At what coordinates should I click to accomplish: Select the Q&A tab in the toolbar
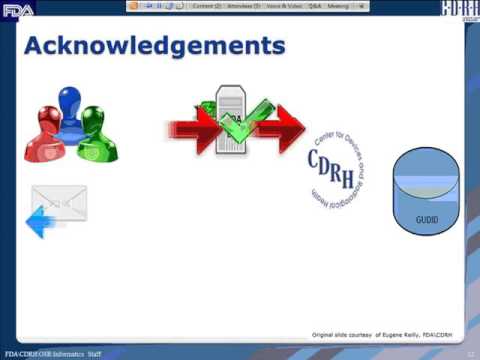click(314, 5)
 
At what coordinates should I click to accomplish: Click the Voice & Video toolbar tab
click(284, 5)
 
